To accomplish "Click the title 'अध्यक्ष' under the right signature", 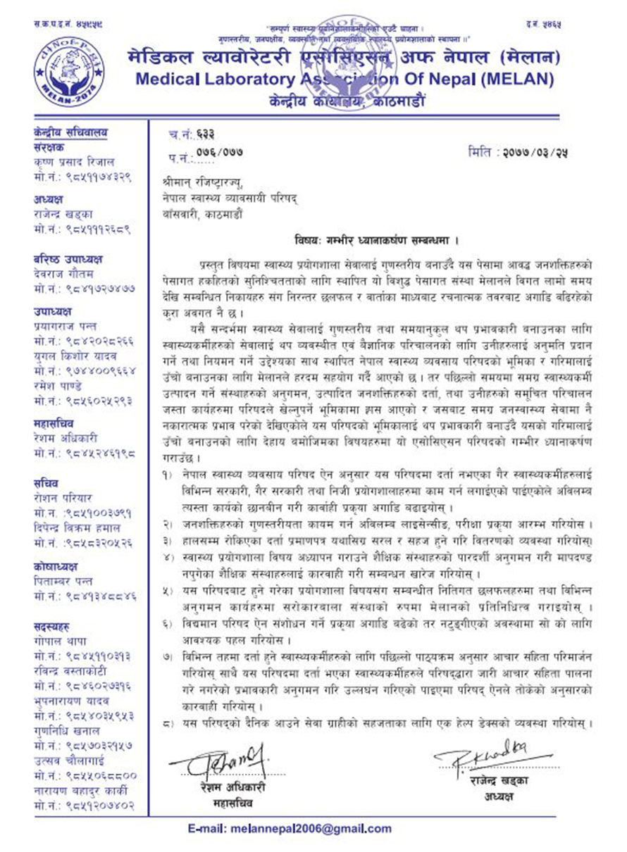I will coord(498,796).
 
